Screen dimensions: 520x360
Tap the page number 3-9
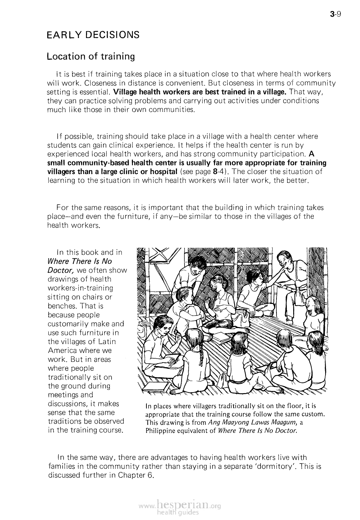(335, 15)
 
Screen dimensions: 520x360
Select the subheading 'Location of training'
(91, 57)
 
